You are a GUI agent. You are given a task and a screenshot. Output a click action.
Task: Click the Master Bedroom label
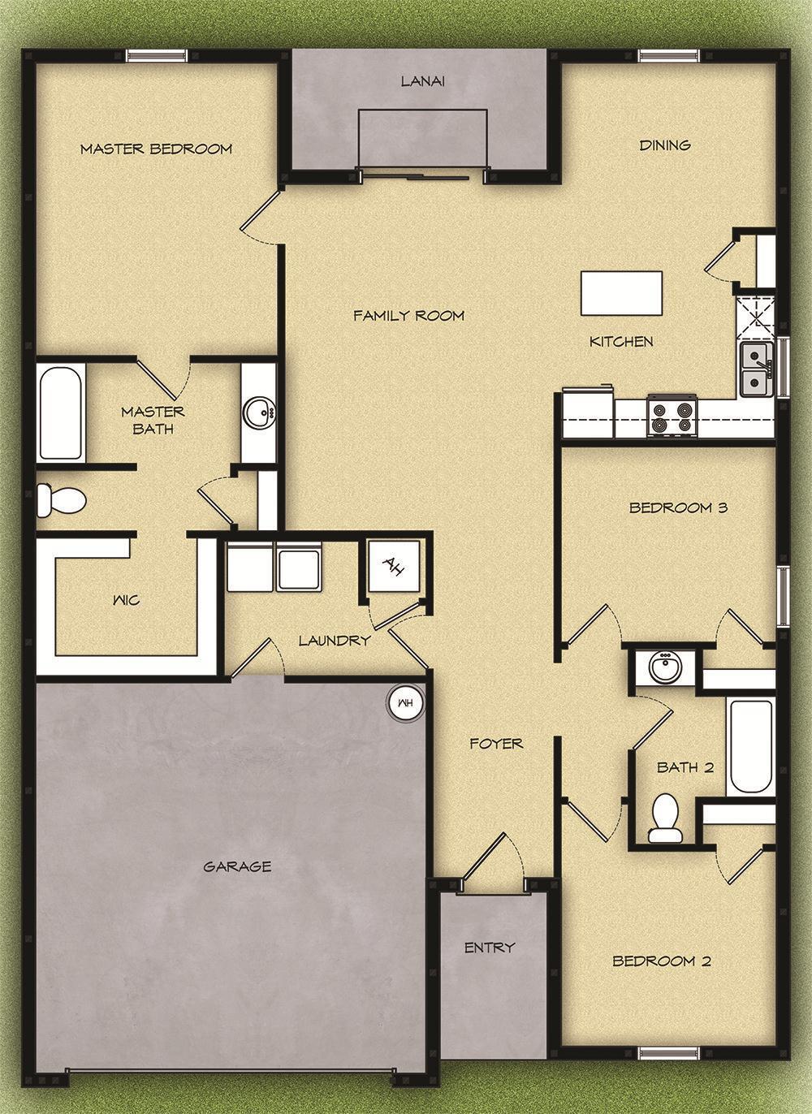point(156,149)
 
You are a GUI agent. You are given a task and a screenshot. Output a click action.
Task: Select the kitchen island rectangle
point(621,293)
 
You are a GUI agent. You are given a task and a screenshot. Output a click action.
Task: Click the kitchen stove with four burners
point(672,415)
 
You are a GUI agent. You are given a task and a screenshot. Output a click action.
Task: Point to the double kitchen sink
point(756,369)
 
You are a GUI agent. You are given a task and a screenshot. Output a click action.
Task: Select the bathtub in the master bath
point(61,412)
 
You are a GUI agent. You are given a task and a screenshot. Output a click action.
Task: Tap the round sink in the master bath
point(260,412)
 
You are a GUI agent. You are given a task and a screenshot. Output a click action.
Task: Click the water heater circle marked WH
point(405,702)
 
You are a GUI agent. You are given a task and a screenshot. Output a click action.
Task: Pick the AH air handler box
point(394,565)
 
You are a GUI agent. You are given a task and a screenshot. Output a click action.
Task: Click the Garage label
point(237,866)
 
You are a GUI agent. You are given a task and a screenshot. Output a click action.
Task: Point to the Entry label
point(490,947)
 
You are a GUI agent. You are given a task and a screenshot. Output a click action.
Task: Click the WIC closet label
point(126,600)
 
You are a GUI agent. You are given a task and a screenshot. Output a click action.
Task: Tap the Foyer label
point(496,743)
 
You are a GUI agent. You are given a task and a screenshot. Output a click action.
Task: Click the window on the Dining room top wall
point(668,55)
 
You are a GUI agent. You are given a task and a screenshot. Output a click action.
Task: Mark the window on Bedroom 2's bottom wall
point(668,1054)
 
